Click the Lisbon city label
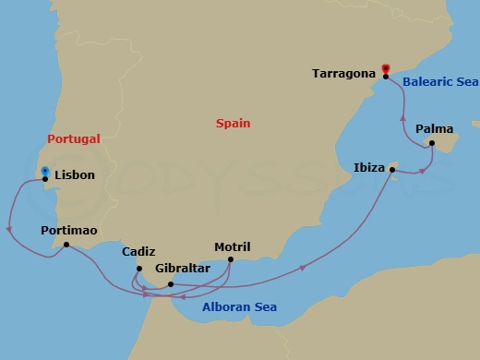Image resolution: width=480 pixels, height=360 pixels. point(75,174)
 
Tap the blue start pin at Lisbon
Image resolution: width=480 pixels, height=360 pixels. point(44,172)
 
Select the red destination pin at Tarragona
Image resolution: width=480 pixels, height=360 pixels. point(386,68)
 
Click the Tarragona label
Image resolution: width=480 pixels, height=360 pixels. point(344,73)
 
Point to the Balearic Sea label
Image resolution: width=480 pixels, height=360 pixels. point(440,81)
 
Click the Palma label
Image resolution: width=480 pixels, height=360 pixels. point(435,129)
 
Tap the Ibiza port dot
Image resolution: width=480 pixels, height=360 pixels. point(392,170)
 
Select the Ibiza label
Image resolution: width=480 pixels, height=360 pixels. point(369,168)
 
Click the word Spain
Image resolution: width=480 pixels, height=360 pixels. point(233,123)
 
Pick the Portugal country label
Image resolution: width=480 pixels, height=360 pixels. point(73,138)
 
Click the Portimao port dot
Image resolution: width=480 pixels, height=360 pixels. point(66,245)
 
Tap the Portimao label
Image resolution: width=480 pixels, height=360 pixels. point(69,230)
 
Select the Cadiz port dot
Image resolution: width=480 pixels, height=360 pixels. point(138,269)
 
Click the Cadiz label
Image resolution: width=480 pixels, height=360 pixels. point(138,252)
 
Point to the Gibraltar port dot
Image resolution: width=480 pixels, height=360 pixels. point(172,283)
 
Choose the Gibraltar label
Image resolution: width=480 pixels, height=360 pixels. point(183,269)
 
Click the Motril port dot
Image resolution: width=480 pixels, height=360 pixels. point(231,259)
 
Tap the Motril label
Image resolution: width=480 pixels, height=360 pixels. point(232,246)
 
